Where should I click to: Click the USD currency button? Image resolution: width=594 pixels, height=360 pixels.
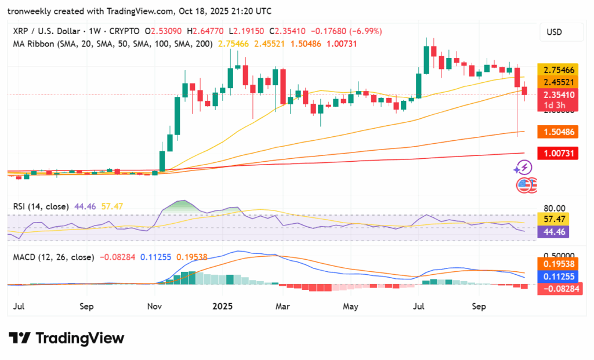[x=554, y=32]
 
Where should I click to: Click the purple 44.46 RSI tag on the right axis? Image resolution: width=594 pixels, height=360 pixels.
[x=553, y=232]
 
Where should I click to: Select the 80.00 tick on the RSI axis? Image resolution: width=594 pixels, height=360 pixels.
[x=553, y=208]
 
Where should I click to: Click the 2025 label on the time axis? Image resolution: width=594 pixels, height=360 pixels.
[x=222, y=306]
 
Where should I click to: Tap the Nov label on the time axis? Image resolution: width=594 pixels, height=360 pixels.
[x=154, y=306]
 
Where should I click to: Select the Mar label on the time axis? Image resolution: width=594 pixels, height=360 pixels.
[x=282, y=306]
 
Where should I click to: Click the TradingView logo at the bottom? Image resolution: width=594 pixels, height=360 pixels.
[x=67, y=338]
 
